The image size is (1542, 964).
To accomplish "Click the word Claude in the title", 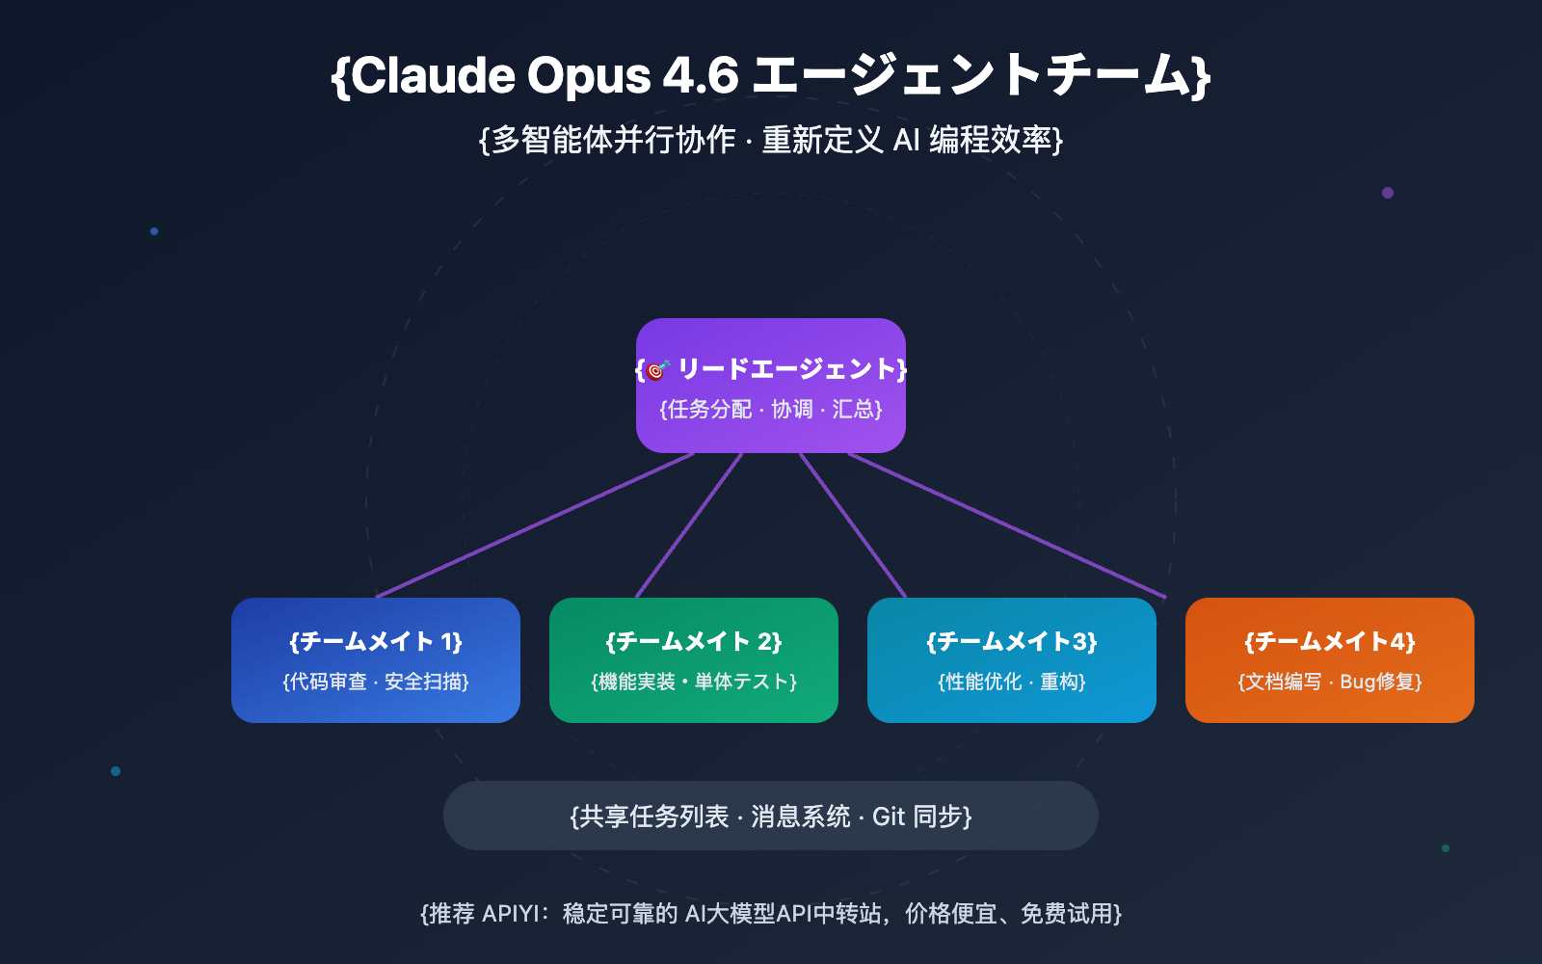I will pyautogui.click(x=434, y=75).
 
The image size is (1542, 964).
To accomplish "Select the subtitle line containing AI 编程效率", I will pyautogui.click(x=771, y=140).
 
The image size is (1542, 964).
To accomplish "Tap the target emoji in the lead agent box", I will pyautogui.click(x=657, y=369).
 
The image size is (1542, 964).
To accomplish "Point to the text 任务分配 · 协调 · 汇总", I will pyautogui.click(x=771, y=410).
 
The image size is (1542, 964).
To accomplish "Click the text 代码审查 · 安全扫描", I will pyautogui.click(x=376, y=682).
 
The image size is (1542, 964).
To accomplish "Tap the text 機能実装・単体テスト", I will pyautogui.click(x=694, y=682).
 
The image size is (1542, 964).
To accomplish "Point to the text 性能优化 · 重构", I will pyautogui.click(x=1012, y=682).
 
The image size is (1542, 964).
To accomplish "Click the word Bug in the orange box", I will pyautogui.click(x=1357, y=682).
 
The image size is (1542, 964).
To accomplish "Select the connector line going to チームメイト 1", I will pyautogui.click(x=535, y=525).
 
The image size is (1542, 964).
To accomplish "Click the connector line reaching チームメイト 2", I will pyautogui.click(x=689, y=525).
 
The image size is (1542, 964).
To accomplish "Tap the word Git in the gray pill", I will pyautogui.click(x=888, y=817).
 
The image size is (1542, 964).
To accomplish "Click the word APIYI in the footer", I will pyautogui.click(x=511, y=913).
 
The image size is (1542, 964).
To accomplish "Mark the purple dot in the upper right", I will pyautogui.click(x=1388, y=193).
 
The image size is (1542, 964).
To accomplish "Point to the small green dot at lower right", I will pyautogui.click(x=1446, y=848).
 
